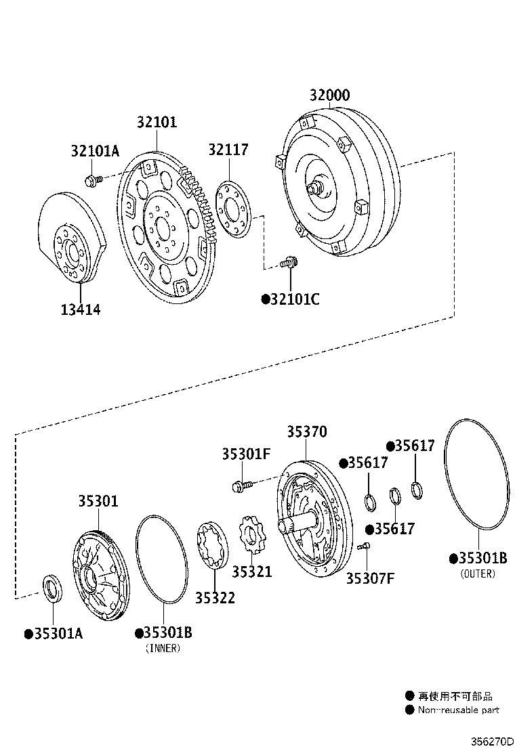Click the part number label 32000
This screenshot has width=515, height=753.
click(x=330, y=95)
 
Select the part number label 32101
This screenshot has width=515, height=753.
click(x=157, y=122)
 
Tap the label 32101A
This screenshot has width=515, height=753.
click(x=95, y=151)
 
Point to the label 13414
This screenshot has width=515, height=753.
click(x=80, y=310)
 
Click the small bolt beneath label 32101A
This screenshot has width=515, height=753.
click(x=93, y=180)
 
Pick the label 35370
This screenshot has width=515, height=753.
click(x=306, y=432)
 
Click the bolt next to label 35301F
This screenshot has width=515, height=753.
click(x=241, y=485)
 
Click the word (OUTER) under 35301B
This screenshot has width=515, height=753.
click(x=478, y=574)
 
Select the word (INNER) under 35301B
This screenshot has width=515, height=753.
click(x=163, y=648)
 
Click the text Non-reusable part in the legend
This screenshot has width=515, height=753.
click(x=458, y=710)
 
